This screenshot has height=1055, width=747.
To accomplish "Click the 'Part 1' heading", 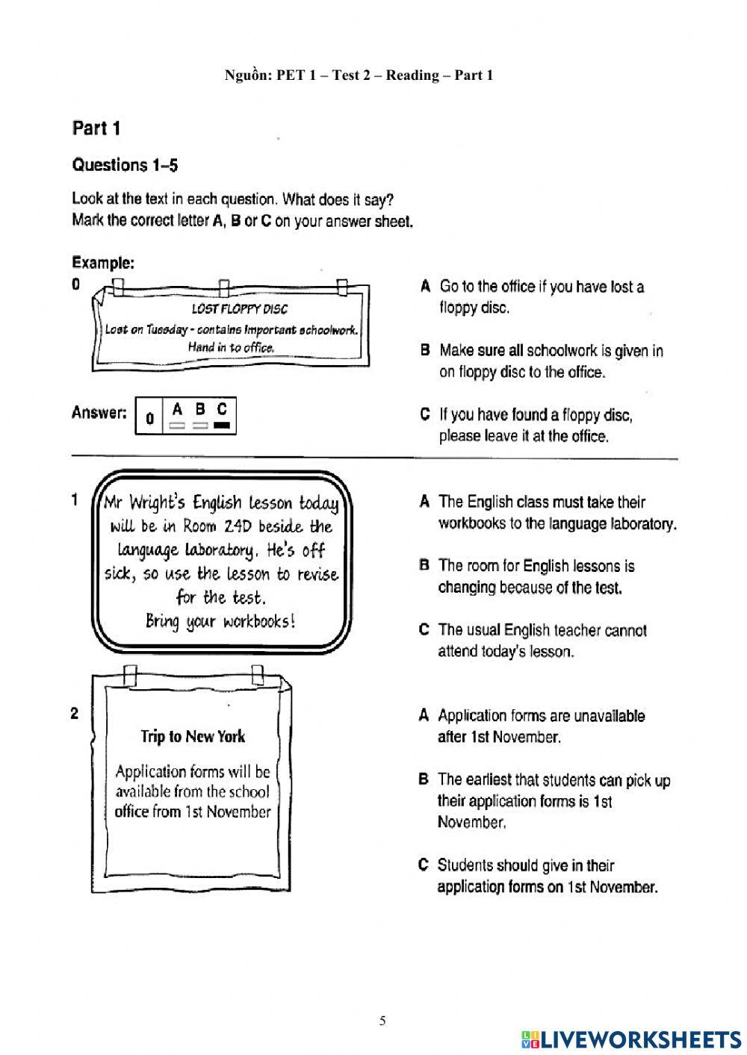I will tap(96, 128).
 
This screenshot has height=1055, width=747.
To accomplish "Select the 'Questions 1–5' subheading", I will tap(125, 165).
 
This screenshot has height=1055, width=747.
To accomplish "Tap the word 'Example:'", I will tap(103, 263).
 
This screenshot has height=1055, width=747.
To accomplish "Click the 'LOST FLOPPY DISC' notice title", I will tap(239, 309).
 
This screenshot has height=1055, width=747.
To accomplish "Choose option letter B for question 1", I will tap(424, 566).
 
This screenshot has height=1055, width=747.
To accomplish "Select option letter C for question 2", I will tap(424, 865).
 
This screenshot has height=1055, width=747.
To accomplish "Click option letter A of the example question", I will tap(425, 287).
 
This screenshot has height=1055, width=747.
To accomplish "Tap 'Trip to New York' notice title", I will tap(193, 737).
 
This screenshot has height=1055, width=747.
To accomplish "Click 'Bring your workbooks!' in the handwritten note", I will tap(220, 621).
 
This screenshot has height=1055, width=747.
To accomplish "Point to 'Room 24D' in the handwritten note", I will tap(220, 526).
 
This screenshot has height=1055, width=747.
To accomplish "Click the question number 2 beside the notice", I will tap(75, 714).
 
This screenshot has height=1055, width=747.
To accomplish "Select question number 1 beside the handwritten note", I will tap(75, 500).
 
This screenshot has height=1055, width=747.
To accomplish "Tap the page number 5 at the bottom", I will tap(382, 1021).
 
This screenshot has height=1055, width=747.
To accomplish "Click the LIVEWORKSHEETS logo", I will tap(631, 1039).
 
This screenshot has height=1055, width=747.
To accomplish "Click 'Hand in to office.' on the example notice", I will tap(231, 347).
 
